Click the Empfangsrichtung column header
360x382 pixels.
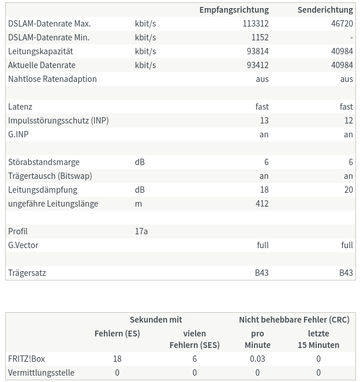234,10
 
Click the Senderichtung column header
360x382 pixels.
325,10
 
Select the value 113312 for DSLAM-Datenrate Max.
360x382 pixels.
256,24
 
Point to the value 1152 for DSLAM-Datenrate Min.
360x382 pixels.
260,38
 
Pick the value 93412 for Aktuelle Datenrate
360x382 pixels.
257,65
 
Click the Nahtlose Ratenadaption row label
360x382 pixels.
52,79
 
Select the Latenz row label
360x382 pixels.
20,107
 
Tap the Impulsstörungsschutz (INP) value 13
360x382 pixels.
264,121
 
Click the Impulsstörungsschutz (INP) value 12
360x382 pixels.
348,121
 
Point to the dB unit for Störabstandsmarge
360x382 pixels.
140,162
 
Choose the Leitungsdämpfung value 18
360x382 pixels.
264,190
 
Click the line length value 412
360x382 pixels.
262,204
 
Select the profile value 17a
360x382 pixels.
141,231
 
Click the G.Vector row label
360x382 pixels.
23,245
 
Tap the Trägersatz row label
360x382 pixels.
27,273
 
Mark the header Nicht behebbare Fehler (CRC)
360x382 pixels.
294,320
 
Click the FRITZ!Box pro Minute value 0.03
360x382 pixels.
257,359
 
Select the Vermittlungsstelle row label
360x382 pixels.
41,373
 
